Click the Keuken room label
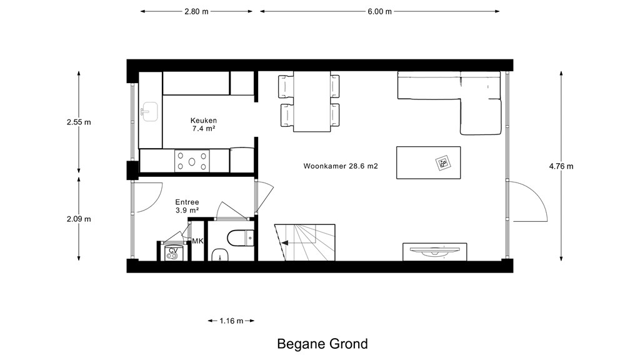point(204,121)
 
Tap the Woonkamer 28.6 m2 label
point(341,166)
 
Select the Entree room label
point(187,202)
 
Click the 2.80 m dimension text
point(196,11)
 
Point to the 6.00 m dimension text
point(379,11)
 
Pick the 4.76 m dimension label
point(561,166)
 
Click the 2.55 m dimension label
point(79,122)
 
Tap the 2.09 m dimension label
point(79,219)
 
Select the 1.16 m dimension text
point(231,321)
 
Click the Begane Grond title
point(322,344)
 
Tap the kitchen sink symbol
point(149,112)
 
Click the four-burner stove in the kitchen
point(192,161)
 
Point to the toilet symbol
point(241,238)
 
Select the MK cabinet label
point(197,241)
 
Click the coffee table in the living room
point(429,163)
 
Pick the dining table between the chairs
point(312,102)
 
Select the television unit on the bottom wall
point(435,251)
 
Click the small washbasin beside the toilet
point(220,255)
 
